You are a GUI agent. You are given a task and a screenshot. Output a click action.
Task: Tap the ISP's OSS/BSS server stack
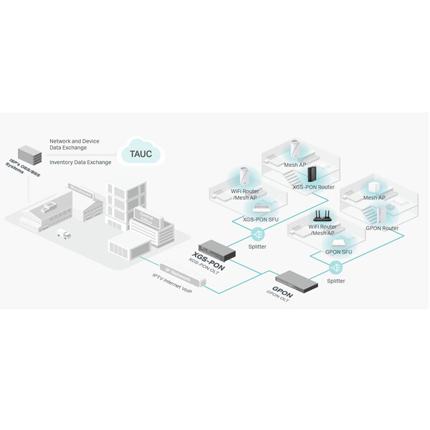(x=29, y=154)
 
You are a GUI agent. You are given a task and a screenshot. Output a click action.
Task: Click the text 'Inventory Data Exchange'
(x=80, y=163)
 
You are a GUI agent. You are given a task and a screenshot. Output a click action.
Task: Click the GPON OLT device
(x=296, y=278)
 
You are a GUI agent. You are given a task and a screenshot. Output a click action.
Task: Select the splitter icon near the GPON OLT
(x=335, y=267)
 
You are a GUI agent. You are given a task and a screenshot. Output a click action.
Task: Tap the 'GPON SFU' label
(x=338, y=252)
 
